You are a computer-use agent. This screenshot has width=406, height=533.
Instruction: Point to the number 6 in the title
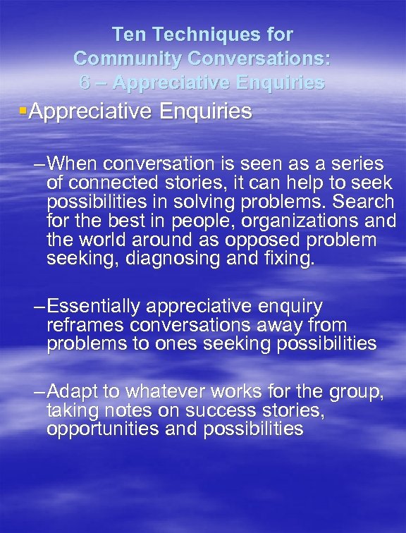point(85,82)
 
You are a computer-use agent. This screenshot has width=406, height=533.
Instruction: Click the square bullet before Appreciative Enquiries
point(24,111)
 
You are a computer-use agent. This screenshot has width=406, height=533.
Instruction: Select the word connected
point(101,183)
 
